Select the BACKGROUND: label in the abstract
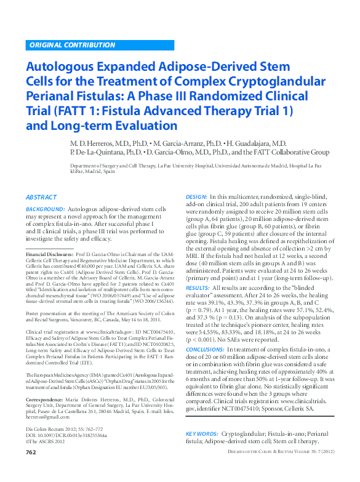pyautogui.click(x=45, y=210)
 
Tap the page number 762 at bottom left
pyautogui.click(x=31, y=470)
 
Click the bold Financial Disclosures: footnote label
pyautogui.click(x=49, y=254)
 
